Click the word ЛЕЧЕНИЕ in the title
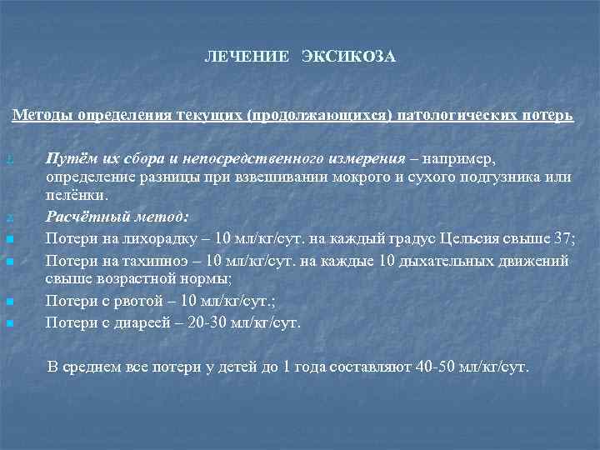pyautogui.click(x=237, y=57)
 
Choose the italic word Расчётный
pyautogui.click(x=82, y=217)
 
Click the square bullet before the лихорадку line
pyautogui.click(x=8, y=240)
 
